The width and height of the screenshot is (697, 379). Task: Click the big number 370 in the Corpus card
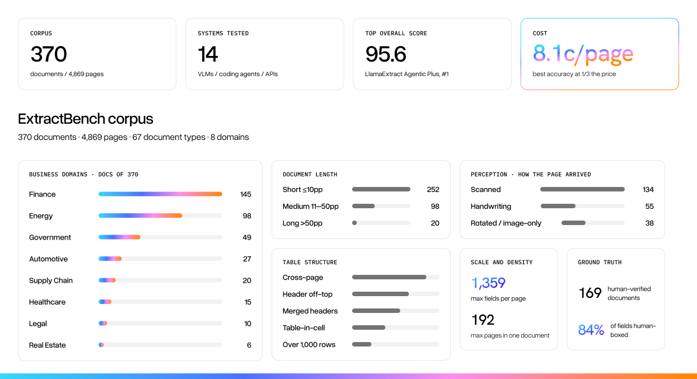49,54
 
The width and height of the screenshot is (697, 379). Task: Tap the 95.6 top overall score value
386,54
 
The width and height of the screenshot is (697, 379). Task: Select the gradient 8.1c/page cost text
583,54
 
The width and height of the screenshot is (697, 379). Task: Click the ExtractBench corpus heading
86,119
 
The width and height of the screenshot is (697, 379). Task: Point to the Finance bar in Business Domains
160,194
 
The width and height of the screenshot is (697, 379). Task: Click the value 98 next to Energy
247,216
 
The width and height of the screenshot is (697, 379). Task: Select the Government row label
50,237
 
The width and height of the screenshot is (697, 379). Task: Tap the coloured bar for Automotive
110,259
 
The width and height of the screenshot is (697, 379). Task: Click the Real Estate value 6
249,345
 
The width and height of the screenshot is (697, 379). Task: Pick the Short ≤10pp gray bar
381,189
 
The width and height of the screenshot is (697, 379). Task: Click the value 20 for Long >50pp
435,223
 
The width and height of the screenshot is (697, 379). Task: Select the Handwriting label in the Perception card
491,207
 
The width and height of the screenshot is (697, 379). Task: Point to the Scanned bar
582,189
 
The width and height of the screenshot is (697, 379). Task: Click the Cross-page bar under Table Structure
389,277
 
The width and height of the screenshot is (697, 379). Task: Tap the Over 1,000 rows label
309,344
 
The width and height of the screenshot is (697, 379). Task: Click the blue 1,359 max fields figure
488,283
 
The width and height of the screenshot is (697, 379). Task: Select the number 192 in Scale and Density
483,320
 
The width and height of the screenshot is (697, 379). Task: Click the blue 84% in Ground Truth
591,330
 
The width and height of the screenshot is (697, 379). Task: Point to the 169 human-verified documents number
590,293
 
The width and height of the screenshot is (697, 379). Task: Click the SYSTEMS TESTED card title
223,33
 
